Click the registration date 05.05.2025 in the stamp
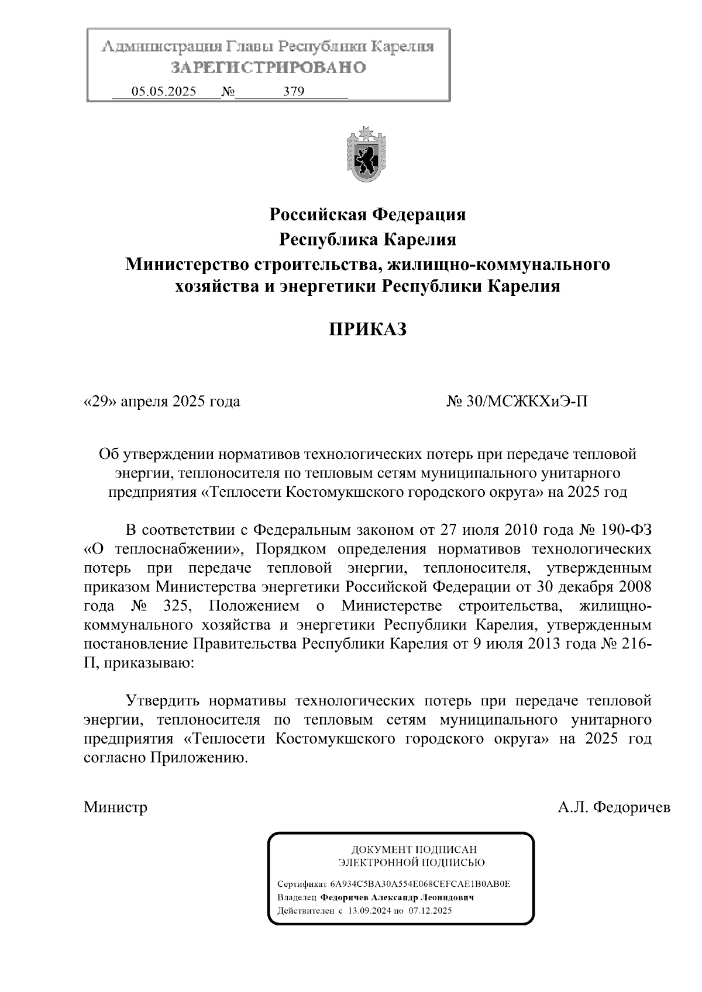click(x=163, y=92)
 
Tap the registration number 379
click(x=293, y=92)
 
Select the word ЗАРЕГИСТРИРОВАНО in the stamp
click(x=269, y=68)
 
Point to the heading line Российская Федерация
click(x=367, y=215)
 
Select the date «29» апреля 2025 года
click(x=162, y=402)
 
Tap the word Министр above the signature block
click(x=115, y=807)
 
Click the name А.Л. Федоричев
click(x=614, y=807)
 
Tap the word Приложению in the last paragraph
click(x=198, y=758)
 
